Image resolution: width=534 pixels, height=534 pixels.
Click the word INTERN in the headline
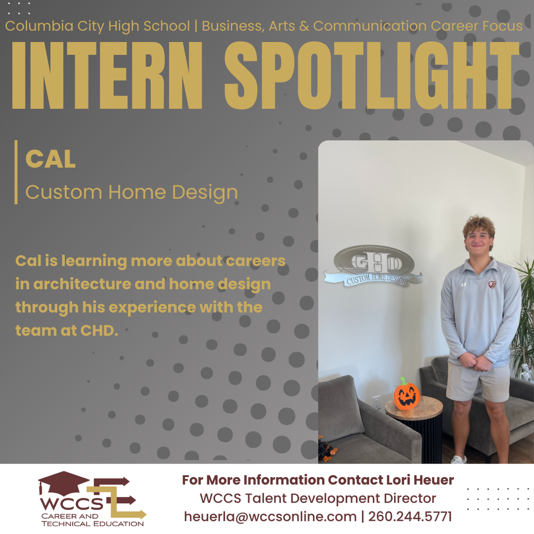click(107, 76)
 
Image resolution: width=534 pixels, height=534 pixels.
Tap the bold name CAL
click(51, 160)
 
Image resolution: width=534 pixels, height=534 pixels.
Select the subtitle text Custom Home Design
click(131, 192)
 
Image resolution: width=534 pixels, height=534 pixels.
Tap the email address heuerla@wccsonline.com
click(270, 517)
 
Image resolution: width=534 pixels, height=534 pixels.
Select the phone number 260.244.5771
click(410, 517)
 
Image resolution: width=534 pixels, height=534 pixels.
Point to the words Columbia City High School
click(98, 26)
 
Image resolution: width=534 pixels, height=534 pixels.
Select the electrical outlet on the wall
click(377, 402)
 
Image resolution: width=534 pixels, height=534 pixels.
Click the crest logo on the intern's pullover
click(492, 284)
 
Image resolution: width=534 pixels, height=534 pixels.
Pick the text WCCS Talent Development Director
click(318, 499)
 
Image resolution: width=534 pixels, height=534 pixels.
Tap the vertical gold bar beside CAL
click(16, 172)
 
